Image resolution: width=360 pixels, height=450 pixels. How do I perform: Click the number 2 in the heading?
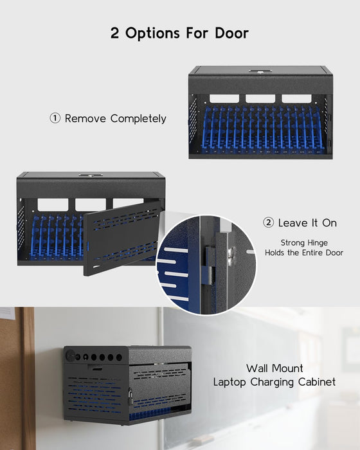click(x=114, y=33)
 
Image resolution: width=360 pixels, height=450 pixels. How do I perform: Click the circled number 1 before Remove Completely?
click(x=55, y=119)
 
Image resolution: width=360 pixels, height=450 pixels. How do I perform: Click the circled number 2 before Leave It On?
click(x=268, y=223)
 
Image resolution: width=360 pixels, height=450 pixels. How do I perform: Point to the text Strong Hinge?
click(x=305, y=242)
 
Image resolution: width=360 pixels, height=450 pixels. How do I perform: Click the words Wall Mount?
click(x=274, y=368)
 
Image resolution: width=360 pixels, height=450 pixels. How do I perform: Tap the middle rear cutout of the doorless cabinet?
click(x=260, y=98)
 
